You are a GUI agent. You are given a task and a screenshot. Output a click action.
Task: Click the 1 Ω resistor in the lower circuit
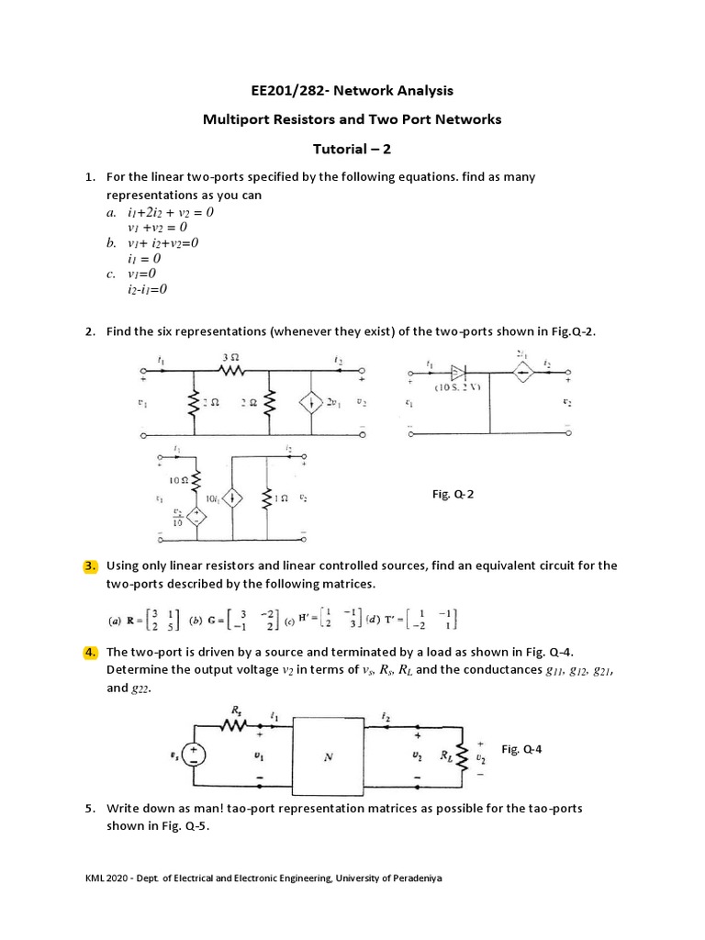268,498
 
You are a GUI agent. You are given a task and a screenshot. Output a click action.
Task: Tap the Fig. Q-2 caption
453,494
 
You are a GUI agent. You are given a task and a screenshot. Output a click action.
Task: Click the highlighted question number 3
90,565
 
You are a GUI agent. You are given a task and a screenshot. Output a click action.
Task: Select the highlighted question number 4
90,652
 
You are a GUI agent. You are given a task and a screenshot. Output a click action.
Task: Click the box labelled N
330,757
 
